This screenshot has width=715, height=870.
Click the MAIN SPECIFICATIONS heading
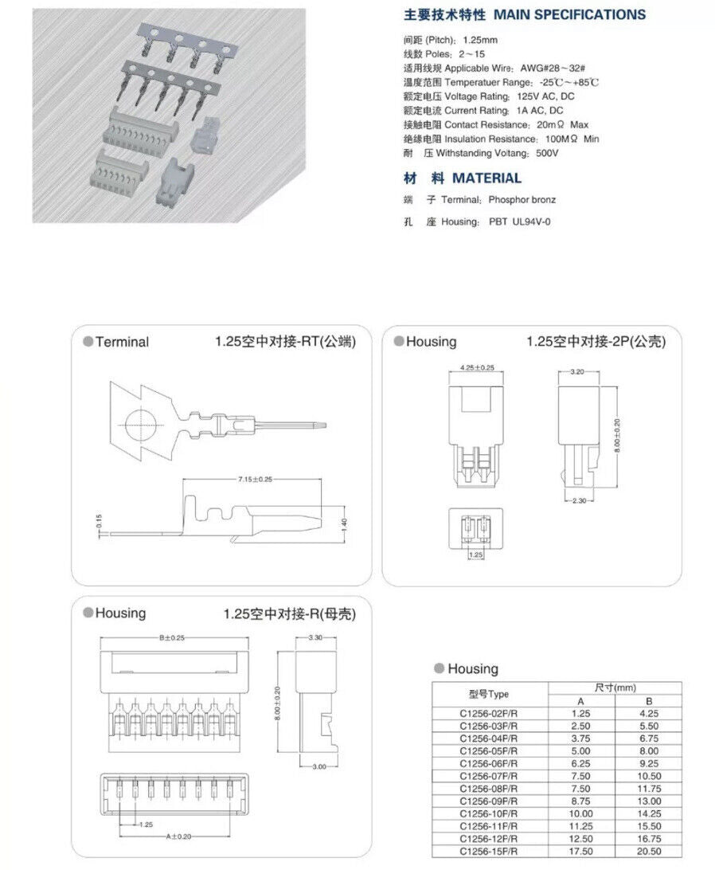pos(569,14)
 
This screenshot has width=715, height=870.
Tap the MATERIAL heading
pos(486,178)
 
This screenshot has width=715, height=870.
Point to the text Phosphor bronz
pos(522,199)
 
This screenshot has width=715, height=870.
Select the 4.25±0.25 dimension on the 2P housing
pos(477,368)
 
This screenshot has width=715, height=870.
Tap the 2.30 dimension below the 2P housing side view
pos(579,500)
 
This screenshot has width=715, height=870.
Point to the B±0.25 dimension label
pos(172,638)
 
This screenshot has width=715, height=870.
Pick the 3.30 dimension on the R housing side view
pos(315,637)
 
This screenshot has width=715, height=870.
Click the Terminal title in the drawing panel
pos(121,343)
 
